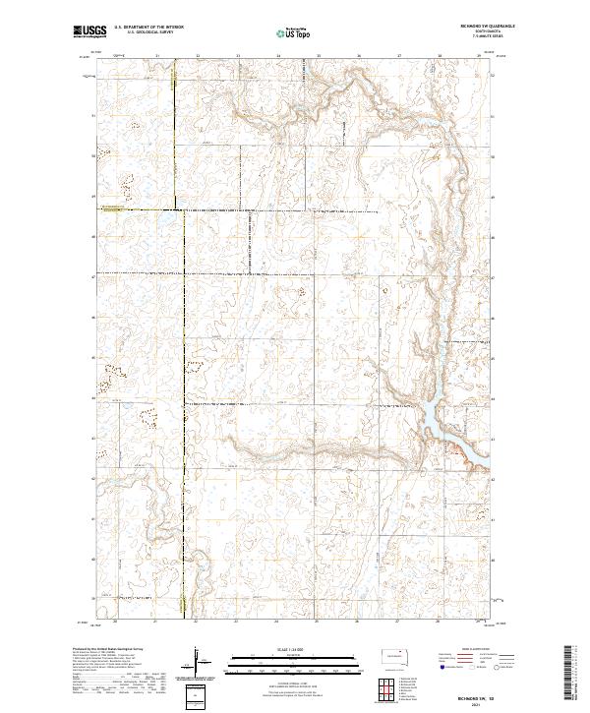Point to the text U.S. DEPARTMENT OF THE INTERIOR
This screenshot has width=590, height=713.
point(148,29)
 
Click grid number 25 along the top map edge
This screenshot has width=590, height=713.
point(319,56)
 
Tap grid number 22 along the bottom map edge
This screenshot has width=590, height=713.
point(197,622)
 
